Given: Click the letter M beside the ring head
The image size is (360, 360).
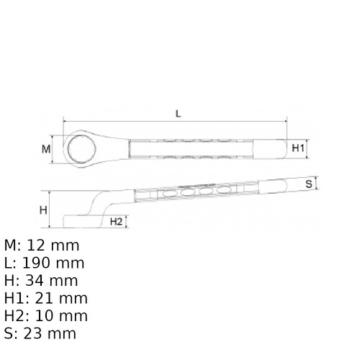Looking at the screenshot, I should tap(46, 149).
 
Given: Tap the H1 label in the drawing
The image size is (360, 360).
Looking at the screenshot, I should tap(299, 148).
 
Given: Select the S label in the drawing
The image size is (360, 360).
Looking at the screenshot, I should tap(307, 184).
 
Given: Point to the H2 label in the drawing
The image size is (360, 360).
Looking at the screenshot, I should tap(116, 222).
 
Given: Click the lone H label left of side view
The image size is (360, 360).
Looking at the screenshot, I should tap(43, 210).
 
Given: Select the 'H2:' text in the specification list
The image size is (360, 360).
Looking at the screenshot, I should tap(17, 316).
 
